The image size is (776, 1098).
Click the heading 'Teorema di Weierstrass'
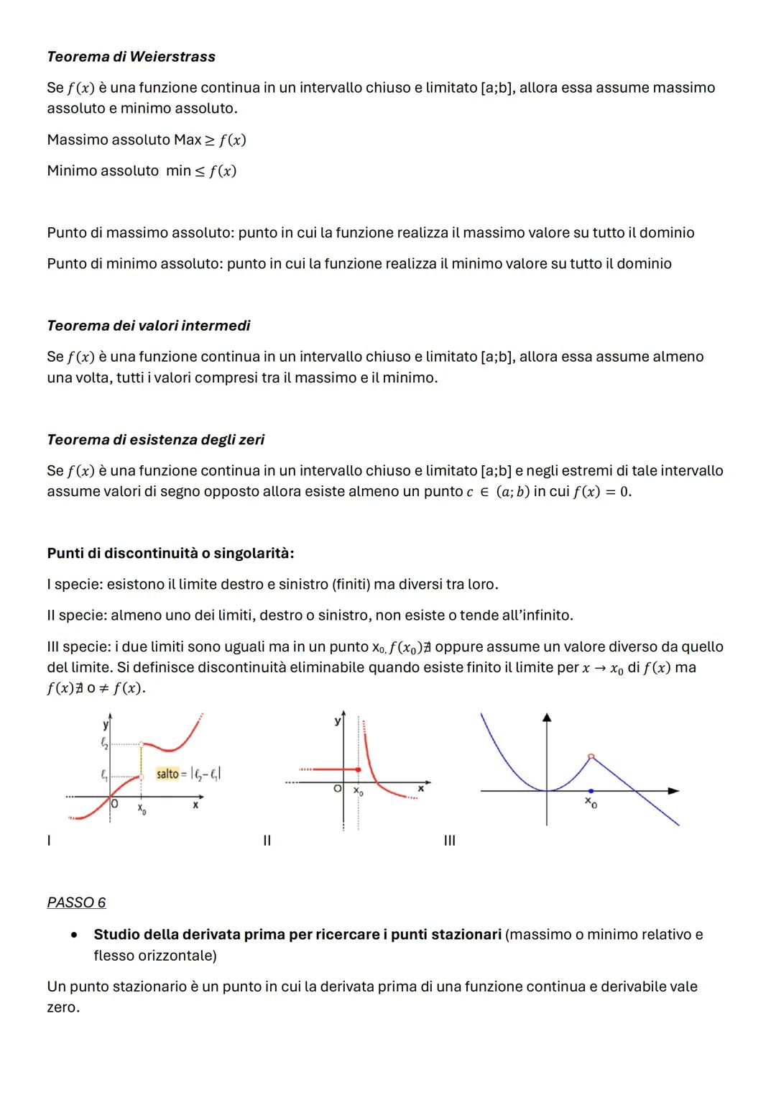point(131,57)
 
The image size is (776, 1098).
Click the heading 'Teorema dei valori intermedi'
point(149,326)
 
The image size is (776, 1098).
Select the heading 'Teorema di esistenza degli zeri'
point(155,439)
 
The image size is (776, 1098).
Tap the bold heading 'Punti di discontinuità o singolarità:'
point(170,553)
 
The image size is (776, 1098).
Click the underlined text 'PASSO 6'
point(76,902)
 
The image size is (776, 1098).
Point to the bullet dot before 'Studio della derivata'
point(74,935)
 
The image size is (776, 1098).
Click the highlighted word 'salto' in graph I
point(167,774)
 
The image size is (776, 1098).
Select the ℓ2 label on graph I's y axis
point(105,741)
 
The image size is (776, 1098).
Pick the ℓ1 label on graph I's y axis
point(105,775)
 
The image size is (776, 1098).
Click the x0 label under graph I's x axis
point(142,809)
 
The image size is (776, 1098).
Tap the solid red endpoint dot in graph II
point(359,769)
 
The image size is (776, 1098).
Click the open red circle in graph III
point(591,756)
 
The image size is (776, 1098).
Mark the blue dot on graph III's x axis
point(591,791)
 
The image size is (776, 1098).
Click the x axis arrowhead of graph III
point(673,791)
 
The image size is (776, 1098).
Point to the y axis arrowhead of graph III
point(548,717)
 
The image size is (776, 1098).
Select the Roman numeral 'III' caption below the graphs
point(449,841)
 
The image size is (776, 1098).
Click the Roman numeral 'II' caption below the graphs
point(267,841)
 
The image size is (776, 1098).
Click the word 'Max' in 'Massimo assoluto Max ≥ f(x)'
point(188,139)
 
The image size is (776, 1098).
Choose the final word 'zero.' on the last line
point(63,1007)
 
